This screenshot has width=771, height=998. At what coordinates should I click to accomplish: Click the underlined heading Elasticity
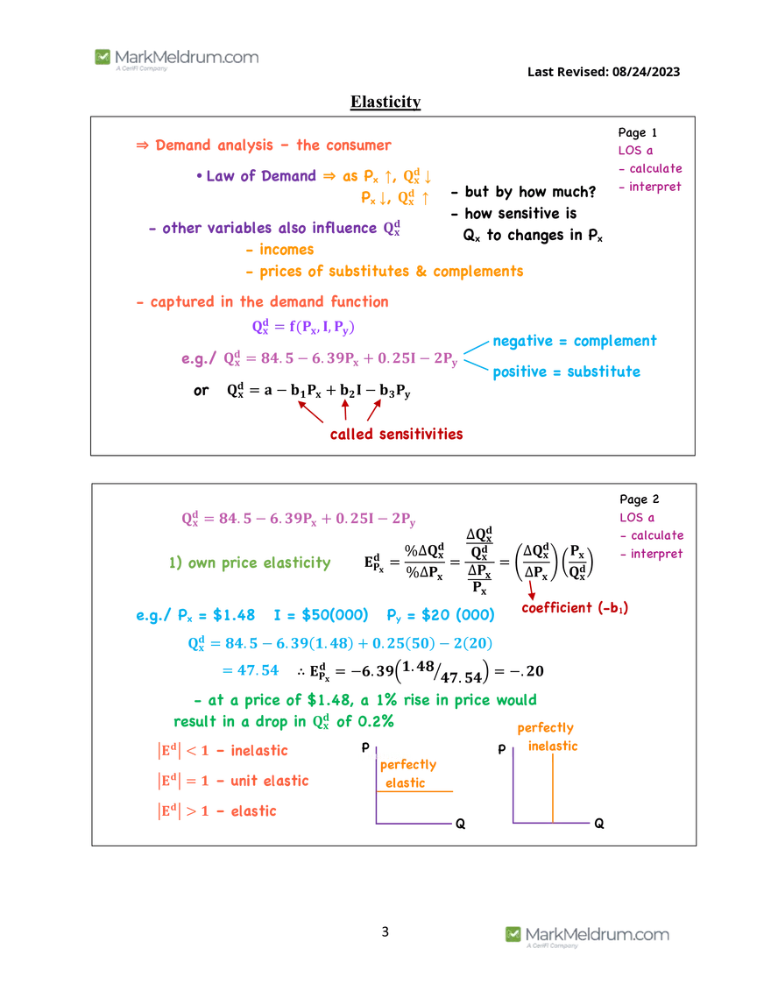coord(385,102)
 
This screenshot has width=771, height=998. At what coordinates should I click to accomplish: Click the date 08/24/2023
coord(647,72)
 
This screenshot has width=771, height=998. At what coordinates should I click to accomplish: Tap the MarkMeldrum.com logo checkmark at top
coord(103,57)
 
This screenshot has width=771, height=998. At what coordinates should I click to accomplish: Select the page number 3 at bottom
coord(385,931)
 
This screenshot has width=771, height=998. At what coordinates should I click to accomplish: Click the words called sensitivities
coord(396,434)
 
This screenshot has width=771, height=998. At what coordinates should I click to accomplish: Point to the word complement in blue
coord(615,341)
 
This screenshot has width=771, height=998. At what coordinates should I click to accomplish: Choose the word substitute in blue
coord(604,372)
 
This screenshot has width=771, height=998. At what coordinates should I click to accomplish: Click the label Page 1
coord(637,132)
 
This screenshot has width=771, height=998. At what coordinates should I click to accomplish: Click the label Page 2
coord(640,499)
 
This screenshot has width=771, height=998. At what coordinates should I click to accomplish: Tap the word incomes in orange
coord(286,250)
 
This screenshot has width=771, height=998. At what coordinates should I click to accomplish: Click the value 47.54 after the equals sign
coord(258,670)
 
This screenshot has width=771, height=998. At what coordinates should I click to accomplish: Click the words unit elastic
coord(269,781)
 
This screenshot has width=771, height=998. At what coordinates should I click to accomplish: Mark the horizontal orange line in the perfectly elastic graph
coord(414,792)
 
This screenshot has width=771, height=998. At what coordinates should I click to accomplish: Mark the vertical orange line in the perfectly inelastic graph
coord(553,788)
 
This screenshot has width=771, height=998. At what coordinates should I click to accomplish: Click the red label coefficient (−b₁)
coord(575,608)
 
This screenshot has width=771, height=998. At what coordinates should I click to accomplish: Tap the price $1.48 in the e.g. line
coord(234,615)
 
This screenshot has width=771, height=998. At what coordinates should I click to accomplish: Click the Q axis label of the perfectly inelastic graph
coord(599,824)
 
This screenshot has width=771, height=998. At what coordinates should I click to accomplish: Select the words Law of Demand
coord(261,175)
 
